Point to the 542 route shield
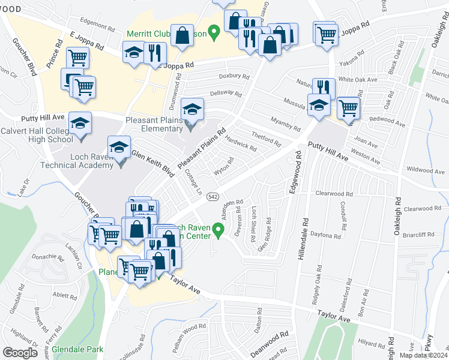point(212,197)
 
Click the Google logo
point(20,353)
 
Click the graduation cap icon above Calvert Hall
point(80,122)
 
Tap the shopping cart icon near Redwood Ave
point(348,108)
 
